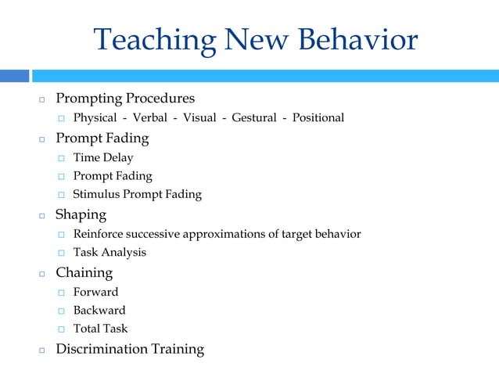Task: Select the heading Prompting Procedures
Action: coord(125,99)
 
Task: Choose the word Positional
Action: coord(318,118)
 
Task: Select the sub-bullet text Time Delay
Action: coord(103,158)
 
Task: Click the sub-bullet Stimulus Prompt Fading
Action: coord(137,195)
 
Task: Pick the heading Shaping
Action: coord(81,214)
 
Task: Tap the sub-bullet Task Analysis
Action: coord(109,253)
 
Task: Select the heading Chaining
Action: coord(84,273)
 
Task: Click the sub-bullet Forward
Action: coord(95,293)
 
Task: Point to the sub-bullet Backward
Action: coord(99,311)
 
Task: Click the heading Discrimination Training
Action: coord(130,349)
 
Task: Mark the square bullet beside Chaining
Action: coord(42,275)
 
